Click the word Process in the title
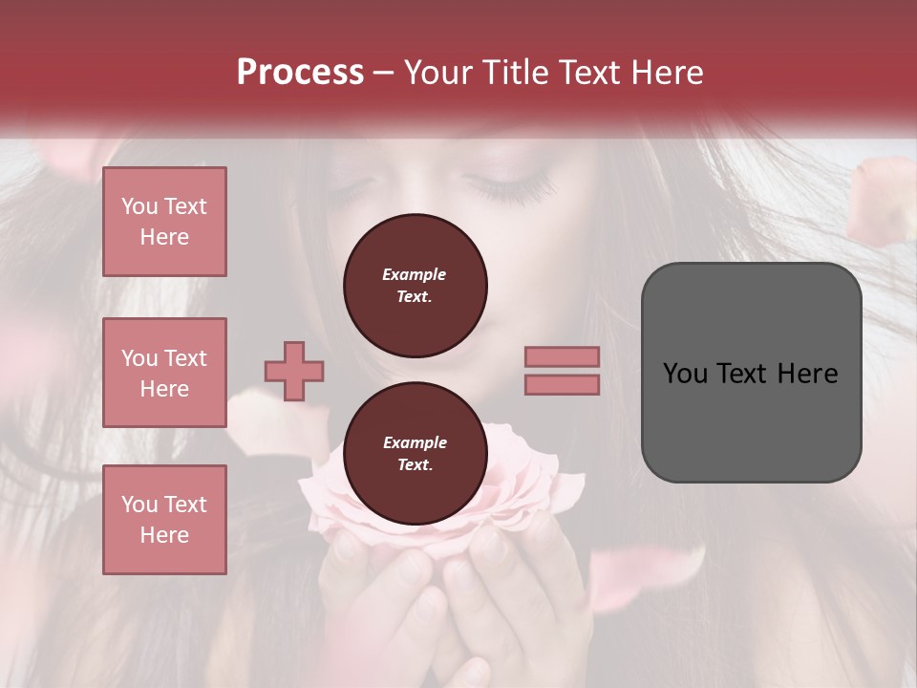pyautogui.click(x=300, y=73)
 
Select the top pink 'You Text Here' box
pyautogui.click(x=164, y=222)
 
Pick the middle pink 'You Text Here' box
pyautogui.click(x=164, y=373)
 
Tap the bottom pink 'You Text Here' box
pyautogui.click(x=164, y=520)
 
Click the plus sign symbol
pyautogui.click(x=294, y=372)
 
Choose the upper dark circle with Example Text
pyautogui.click(x=415, y=286)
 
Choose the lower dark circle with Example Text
pyautogui.click(x=415, y=454)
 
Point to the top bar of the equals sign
pyautogui.click(x=562, y=356)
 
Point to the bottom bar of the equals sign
pyautogui.click(x=562, y=384)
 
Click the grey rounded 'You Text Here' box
pyautogui.click(x=751, y=373)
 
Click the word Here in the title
pyautogui.click(x=668, y=73)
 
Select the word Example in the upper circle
pyautogui.click(x=415, y=274)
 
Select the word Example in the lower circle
pyautogui.click(x=415, y=442)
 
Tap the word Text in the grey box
pyautogui.click(x=743, y=373)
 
